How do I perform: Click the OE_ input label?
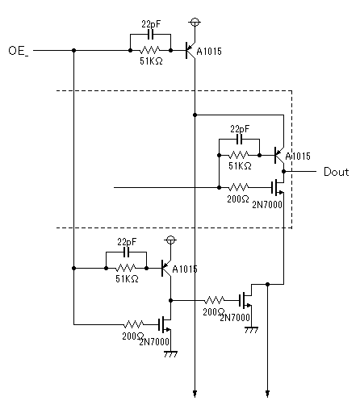click(19, 51)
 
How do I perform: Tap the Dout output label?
click(336, 172)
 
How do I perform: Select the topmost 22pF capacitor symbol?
click(151, 35)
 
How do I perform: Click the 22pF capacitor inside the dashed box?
click(240, 140)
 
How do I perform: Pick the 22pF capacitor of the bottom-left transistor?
click(127, 252)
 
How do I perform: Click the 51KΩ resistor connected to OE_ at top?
click(150, 50)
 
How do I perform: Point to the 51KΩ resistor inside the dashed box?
click(239, 155)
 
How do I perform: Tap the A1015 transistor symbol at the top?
click(190, 50)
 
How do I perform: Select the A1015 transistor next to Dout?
click(279, 156)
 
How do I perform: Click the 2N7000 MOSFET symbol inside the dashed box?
click(278, 187)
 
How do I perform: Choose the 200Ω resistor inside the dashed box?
click(239, 187)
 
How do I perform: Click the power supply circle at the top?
click(195, 23)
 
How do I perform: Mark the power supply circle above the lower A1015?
click(170, 240)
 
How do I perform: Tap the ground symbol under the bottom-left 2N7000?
click(170, 354)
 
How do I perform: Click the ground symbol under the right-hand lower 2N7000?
click(251, 330)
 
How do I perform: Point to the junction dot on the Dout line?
click(283, 171)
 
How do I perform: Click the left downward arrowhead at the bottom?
click(195, 394)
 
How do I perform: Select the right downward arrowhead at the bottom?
click(267, 394)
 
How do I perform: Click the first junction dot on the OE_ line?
click(74, 50)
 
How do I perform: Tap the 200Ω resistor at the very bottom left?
click(134, 324)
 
